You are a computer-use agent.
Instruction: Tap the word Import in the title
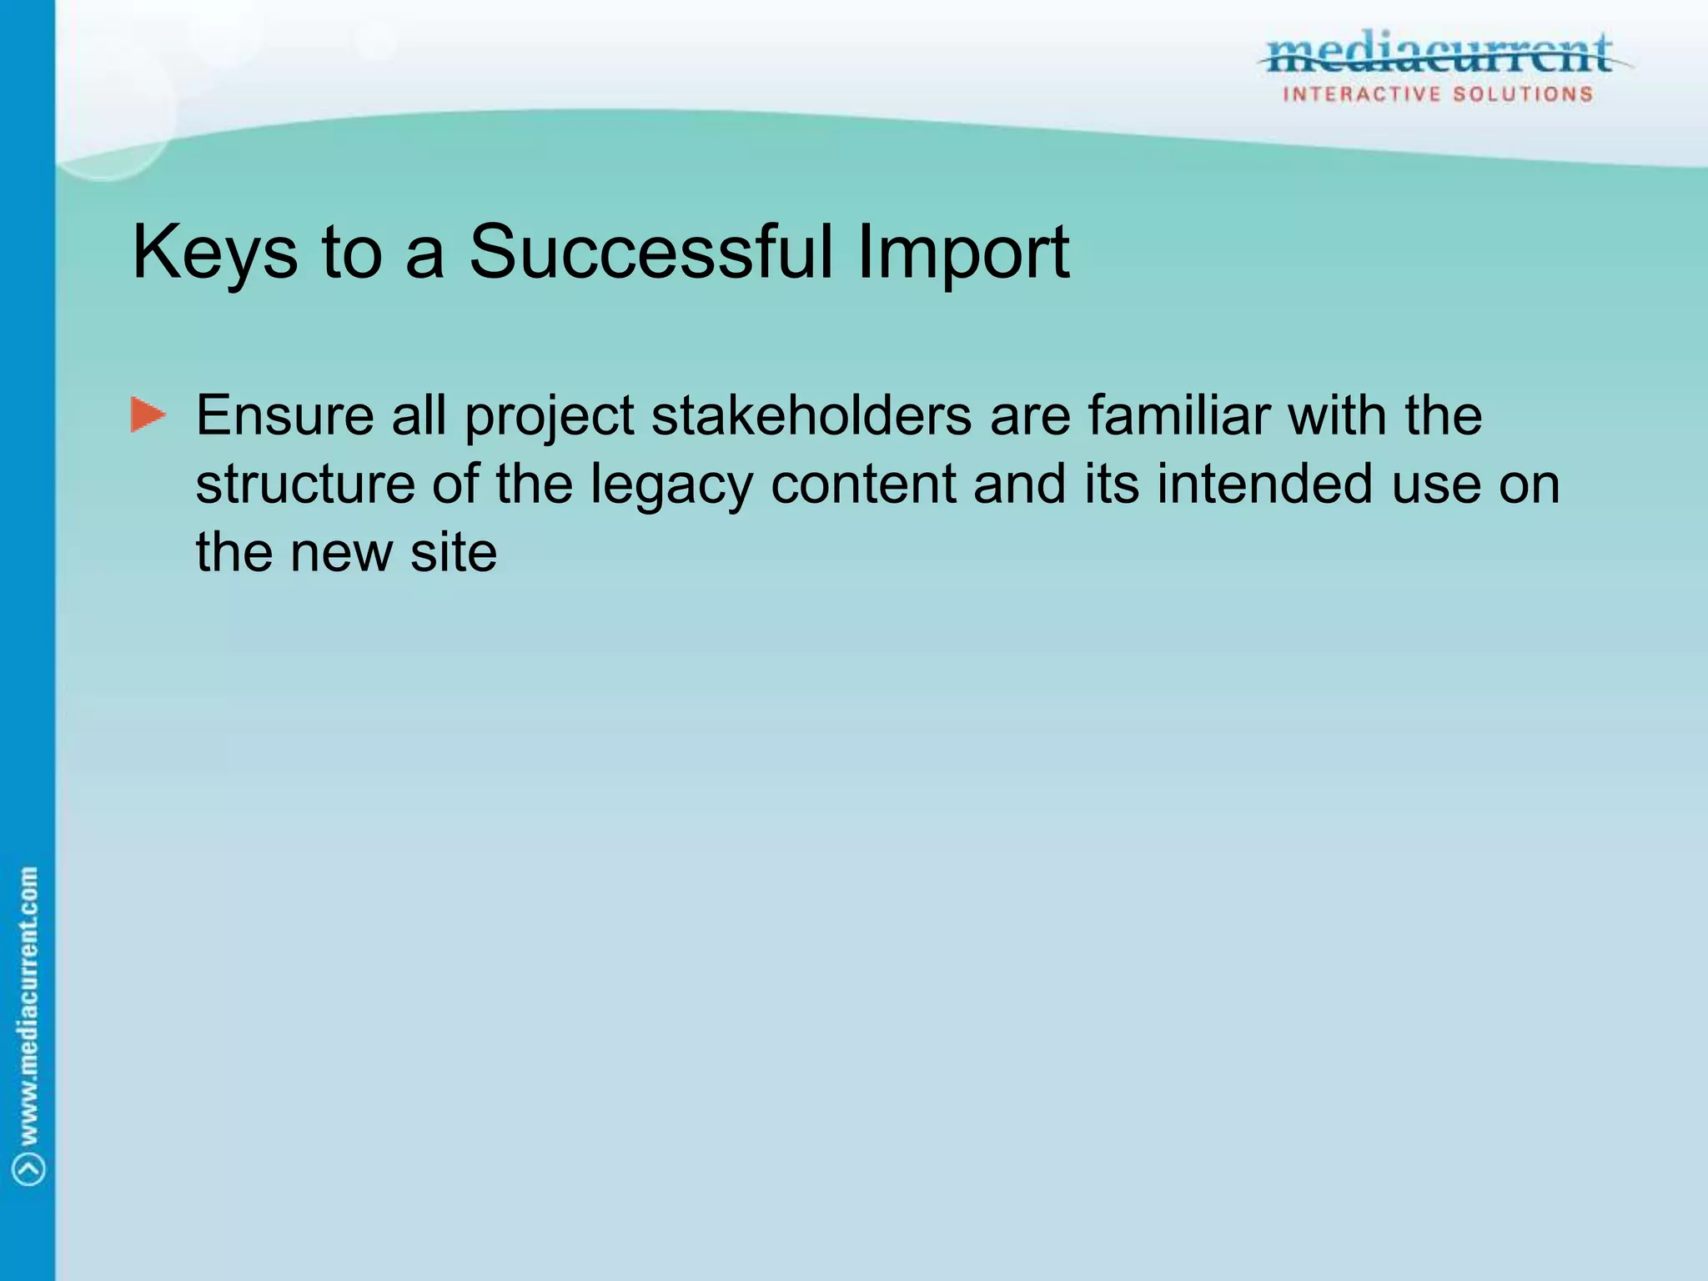click(x=963, y=253)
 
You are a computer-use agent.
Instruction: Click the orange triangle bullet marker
click(x=148, y=415)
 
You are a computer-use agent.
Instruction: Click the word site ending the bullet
click(x=453, y=552)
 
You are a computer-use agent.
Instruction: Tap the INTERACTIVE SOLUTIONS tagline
click(x=1438, y=94)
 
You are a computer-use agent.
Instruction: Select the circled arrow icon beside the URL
click(x=29, y=1169)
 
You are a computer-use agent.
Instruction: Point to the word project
click(x=550, y=417)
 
